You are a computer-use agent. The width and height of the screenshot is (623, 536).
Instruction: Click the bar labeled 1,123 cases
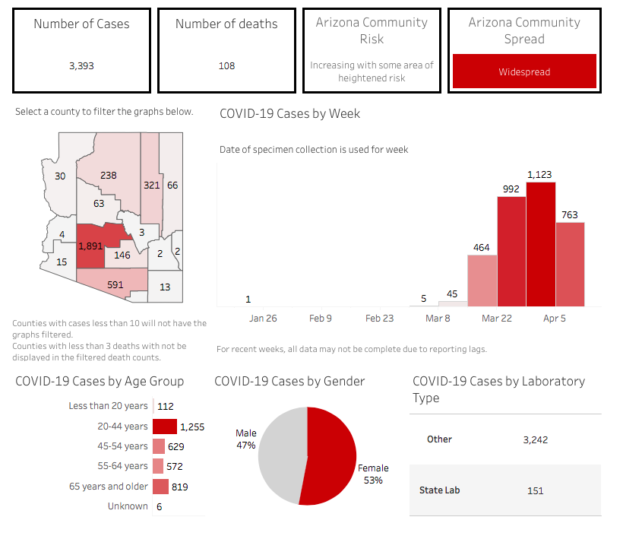[540, 243]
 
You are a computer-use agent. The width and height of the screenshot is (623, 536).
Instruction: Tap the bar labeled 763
[570, 264]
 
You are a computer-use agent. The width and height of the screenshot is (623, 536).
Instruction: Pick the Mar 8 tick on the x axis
[438, 319]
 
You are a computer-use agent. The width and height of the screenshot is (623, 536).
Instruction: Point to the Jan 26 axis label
[262, 319]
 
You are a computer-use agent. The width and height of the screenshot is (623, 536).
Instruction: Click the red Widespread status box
[524, 72]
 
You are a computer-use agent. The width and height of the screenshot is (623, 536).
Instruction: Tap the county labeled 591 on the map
[115, 285]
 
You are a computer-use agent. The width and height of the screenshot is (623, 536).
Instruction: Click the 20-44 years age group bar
[165, 427]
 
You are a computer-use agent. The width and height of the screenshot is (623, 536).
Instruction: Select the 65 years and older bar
[160, 487]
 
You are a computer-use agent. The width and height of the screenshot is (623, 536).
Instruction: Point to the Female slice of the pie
[330, 456]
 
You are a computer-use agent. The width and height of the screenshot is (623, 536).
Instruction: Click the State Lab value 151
[535, 490]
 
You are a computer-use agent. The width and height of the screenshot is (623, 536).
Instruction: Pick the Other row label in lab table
[439, 439]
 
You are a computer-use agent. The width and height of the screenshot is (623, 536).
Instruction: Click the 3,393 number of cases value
[81, 66]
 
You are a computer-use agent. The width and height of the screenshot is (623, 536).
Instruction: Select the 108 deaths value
[226, 66]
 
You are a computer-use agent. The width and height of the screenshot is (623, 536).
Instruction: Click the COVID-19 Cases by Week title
[289, 114]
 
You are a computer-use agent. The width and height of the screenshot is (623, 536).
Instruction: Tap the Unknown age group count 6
[160, 506]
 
